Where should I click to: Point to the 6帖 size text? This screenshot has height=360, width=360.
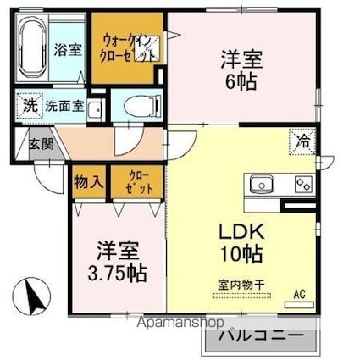[x=241, y=83]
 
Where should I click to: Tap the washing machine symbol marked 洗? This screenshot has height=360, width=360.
[x=30, y=108]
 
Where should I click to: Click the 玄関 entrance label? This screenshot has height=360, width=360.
[x=42, y=143]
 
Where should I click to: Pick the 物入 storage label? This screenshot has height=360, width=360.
[x=88, y=180]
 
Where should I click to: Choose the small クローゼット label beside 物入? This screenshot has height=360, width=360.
[x=136, y=180]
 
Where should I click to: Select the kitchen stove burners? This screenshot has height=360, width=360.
[x=303, y=183]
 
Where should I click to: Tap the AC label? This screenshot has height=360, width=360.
[x=299, y=294]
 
